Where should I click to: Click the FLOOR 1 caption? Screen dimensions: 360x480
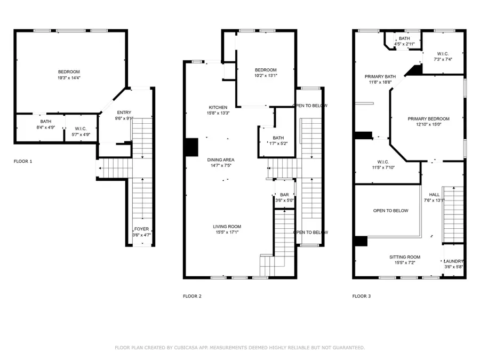coord(23,161)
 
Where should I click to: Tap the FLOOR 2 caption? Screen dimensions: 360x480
coord(192,296)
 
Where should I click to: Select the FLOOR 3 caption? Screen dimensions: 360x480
coord(361,296)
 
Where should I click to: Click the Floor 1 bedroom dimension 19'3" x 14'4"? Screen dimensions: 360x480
coord(69,78)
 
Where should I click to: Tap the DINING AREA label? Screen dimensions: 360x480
coord(221,159)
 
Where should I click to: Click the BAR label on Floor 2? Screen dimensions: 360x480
coord(284,195)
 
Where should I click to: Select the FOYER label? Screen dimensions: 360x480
coord(141,229)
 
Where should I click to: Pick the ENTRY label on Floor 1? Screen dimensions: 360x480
coord(124,112)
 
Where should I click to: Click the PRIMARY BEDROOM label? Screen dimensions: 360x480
coord(428,118)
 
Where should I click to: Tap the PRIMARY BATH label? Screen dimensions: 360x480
coord(380,76)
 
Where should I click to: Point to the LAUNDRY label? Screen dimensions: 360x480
coord(454,261)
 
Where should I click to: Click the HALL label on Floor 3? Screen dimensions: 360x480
coord(434,195)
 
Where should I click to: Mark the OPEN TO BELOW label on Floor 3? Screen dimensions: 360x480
coord(390,211)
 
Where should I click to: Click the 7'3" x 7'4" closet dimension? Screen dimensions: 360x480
coord(443,59)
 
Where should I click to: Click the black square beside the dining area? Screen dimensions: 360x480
coord(190,147)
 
